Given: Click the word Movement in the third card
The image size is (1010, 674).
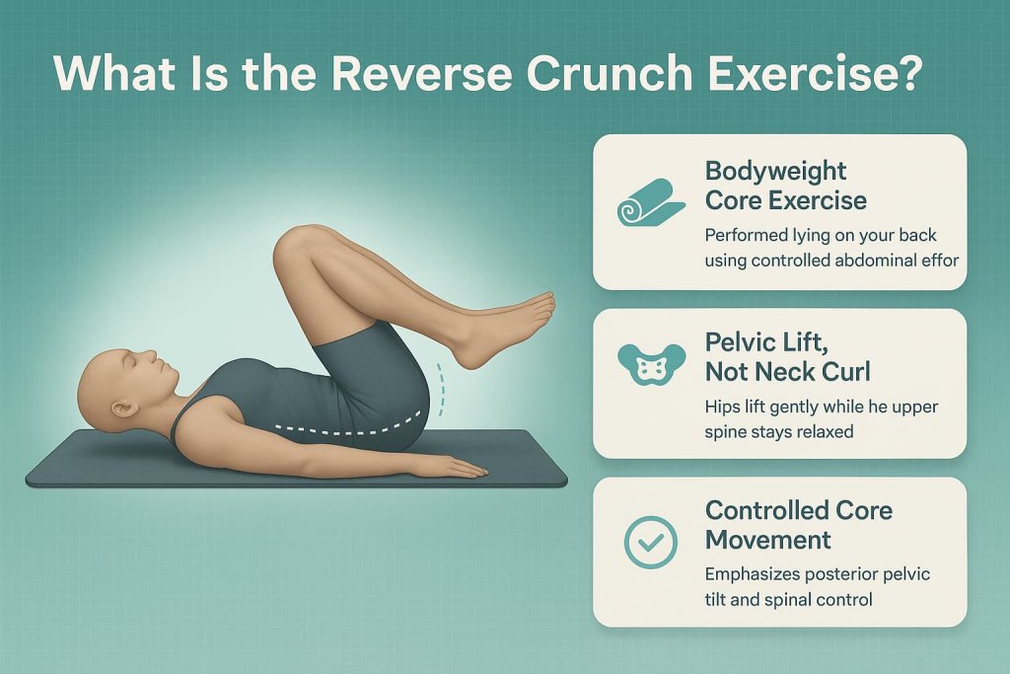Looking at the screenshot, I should click(769, 540).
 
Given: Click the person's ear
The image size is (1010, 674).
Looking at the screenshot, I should click(121, 408).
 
